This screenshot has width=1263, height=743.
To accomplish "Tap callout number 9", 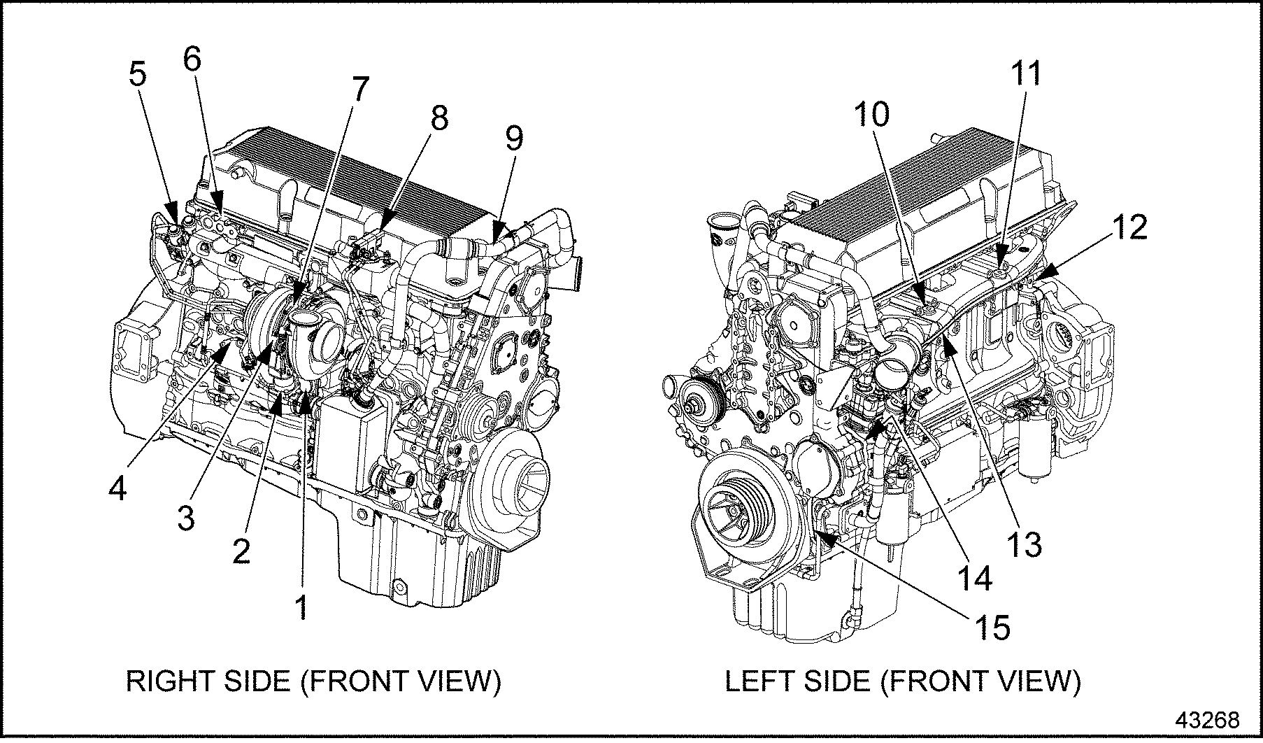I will (513, 139).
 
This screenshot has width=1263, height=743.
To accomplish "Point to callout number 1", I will (301, 607).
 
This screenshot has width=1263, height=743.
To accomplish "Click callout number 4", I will (117, 488).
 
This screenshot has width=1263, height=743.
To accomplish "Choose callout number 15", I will (992, 628).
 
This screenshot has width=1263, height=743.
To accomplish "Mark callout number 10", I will (871, 114).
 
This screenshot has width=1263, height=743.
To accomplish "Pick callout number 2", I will (241, 552).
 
